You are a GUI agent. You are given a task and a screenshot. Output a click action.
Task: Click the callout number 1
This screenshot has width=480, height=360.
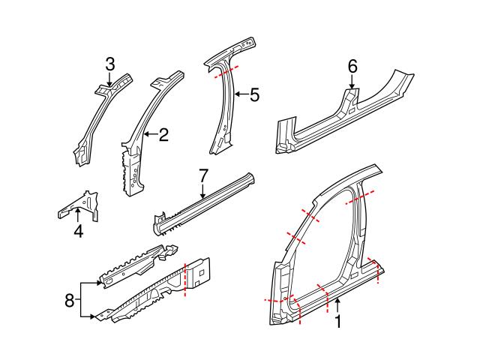pyautogui.click(x=337, y=322)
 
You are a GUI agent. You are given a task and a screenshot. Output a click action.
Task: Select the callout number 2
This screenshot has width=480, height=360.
pyautogui.click(x=163, y=135)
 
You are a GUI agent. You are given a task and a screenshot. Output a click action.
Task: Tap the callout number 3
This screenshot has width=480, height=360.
pyautogui.click(x=109, y=64)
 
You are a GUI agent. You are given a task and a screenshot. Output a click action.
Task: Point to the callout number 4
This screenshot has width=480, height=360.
pyautogui.click(x=78, y=232)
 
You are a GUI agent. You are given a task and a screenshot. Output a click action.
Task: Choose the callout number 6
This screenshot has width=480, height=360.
pyautogui.click(x=352, y=67)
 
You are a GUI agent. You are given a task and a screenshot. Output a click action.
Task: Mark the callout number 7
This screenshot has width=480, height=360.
pyautogui.click(x=202, y=175)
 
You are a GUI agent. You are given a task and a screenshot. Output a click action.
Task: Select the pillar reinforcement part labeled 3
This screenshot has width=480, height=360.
pyautogui.click(x=96, y=120)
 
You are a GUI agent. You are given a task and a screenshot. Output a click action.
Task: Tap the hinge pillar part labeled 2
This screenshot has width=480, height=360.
pyautogui.click(x=135, y=150)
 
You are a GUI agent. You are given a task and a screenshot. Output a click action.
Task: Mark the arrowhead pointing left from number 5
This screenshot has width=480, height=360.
pyautogui.click(x=235, y=94)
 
